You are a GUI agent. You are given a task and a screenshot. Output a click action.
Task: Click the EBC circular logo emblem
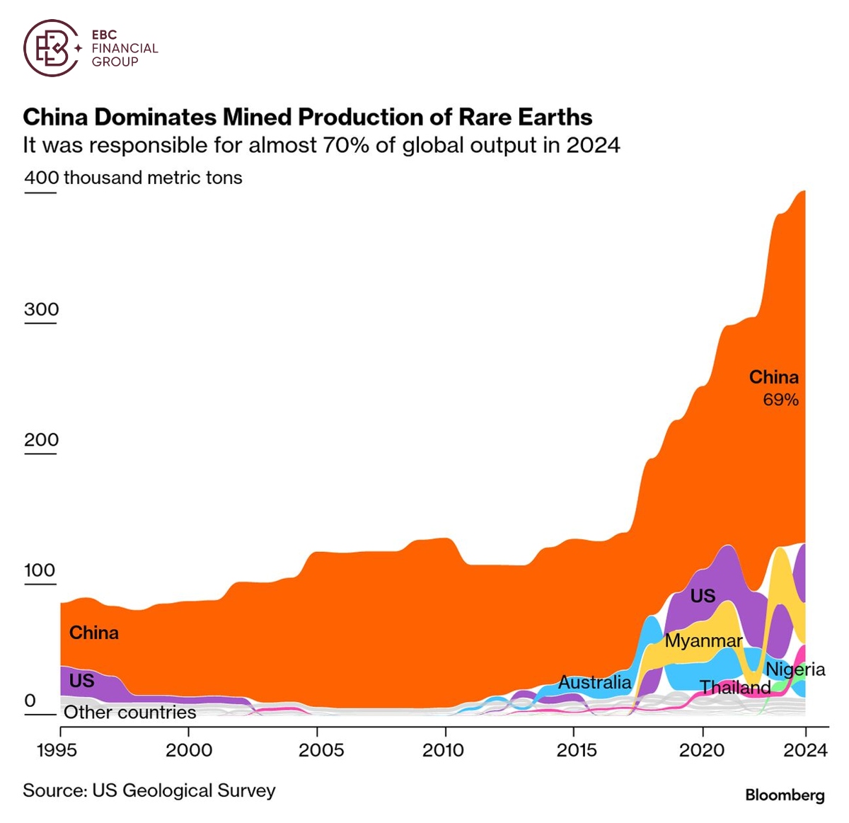point(52,48)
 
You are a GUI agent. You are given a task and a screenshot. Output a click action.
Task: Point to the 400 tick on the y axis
point(41,177)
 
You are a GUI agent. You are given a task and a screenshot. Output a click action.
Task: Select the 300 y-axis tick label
point(41,309)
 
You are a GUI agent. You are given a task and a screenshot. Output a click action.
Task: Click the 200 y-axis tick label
point(41,439)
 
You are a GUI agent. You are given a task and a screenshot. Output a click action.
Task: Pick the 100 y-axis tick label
point(40,570)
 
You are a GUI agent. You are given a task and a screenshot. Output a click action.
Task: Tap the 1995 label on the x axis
point(58,750)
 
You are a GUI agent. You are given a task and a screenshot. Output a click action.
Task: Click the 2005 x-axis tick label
point(320,750)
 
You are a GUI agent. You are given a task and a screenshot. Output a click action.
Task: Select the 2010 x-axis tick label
point(444,750)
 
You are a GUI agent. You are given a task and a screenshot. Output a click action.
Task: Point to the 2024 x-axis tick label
point(805,750)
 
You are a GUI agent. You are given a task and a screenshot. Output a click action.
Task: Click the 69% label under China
point(780,400)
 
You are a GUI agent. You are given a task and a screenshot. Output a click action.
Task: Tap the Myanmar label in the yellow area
point(703,641)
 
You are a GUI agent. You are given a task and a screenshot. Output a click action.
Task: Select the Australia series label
point(594,682)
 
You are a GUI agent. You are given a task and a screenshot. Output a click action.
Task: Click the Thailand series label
point(735,687)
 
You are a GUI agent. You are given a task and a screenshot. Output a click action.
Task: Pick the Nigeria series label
point(795,669)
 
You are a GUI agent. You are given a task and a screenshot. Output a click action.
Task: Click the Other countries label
point(130,713)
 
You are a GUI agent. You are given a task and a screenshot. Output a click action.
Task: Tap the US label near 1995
point(81,681)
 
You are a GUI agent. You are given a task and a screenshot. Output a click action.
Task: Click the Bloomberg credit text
point(785,795)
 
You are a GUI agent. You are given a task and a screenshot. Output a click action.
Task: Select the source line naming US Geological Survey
point(149,790)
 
